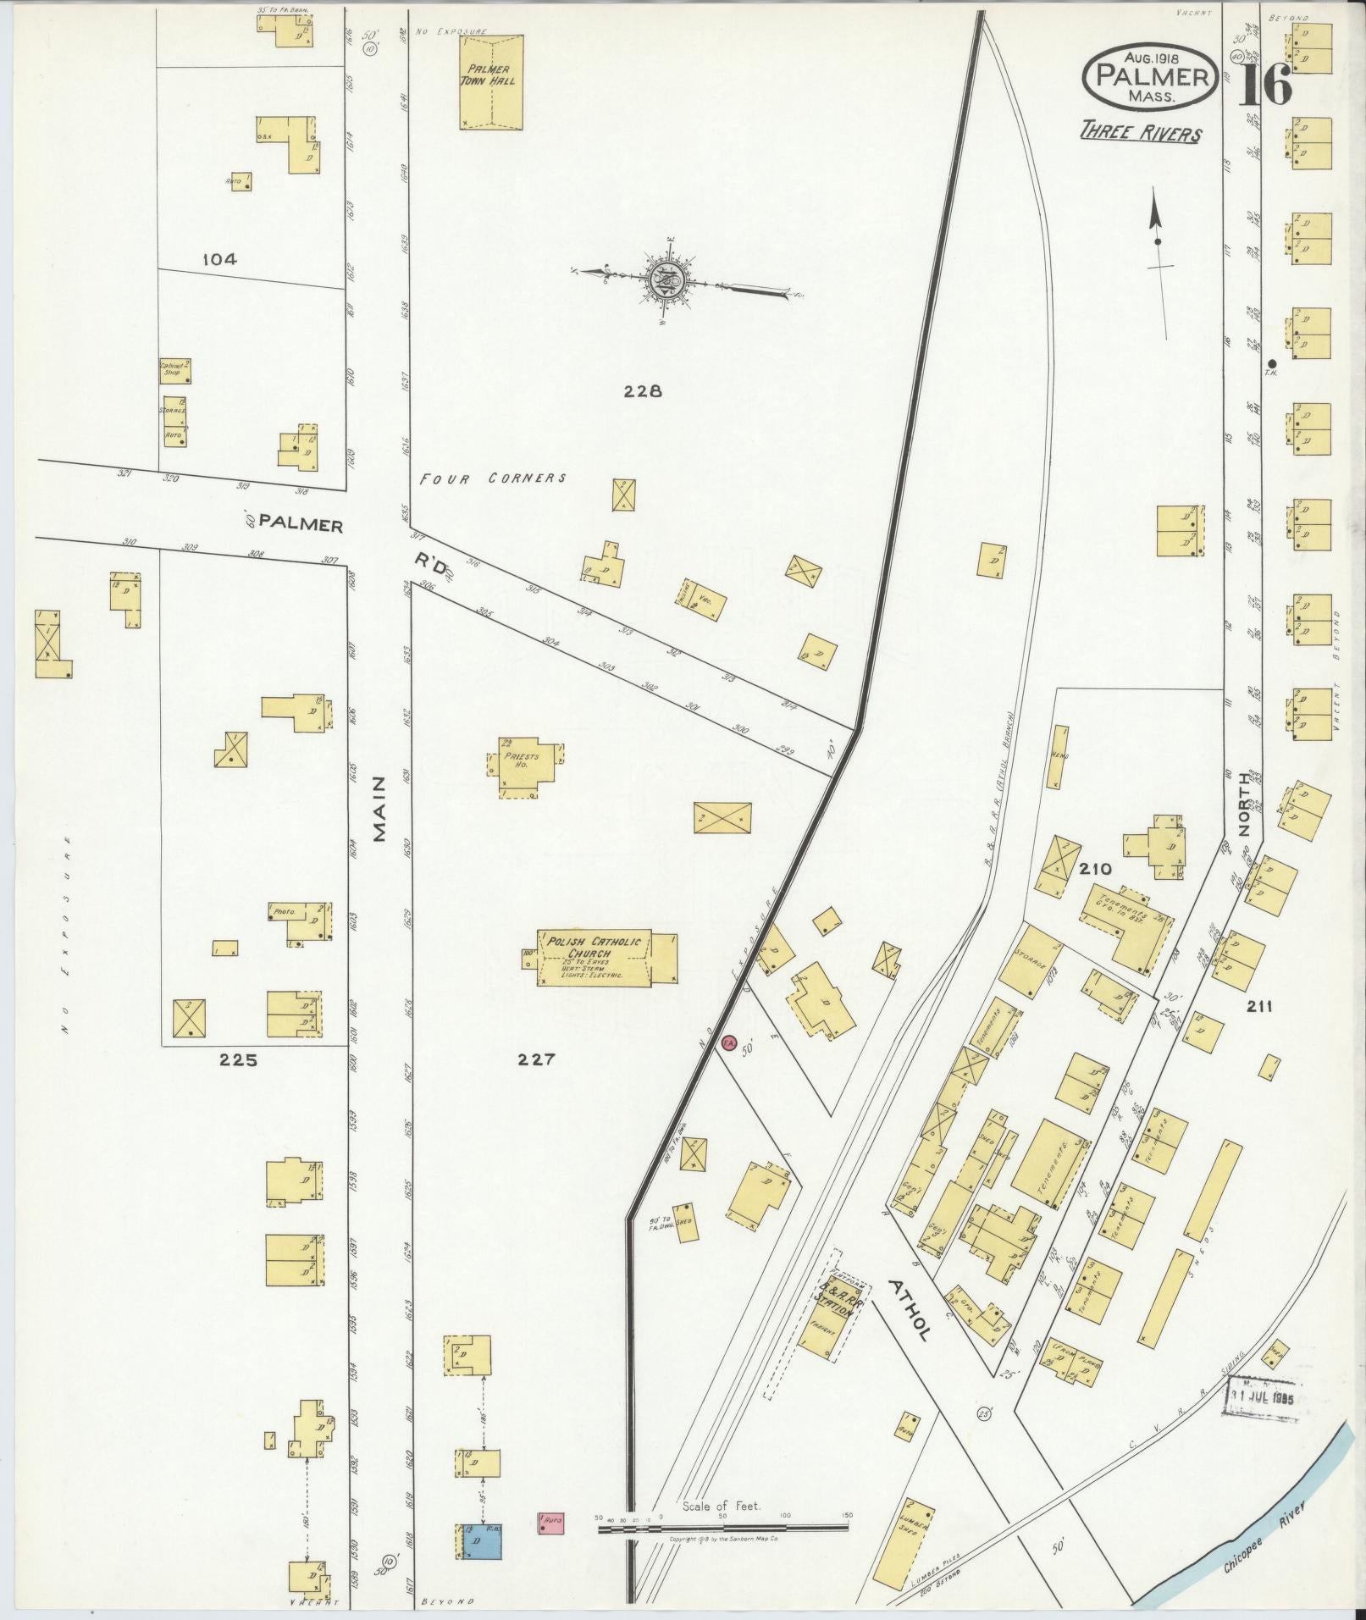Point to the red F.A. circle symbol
729,1042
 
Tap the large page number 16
1266,83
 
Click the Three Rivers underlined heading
1140,134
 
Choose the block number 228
642,391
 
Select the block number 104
219,260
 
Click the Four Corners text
493,478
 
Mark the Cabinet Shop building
174,371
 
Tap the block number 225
237,1059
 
